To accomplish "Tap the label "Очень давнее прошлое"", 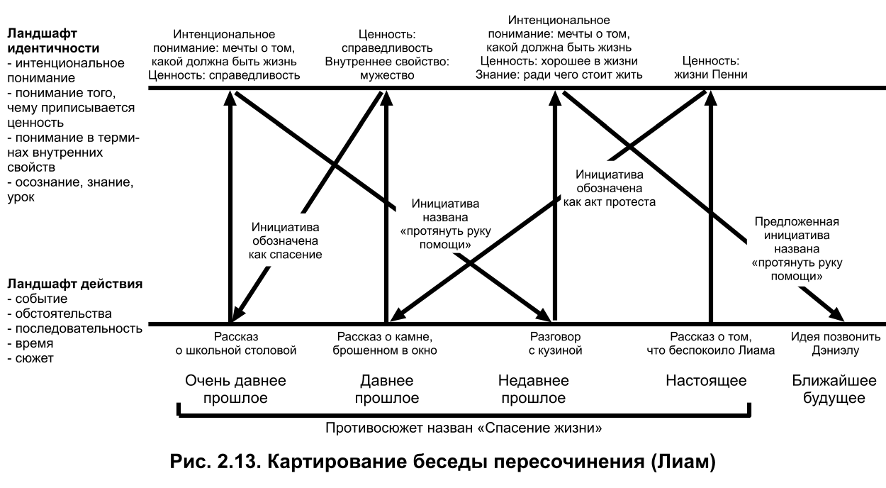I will [235, 389].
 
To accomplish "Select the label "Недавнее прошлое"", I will [533, 389].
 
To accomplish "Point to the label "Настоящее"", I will [706, 381].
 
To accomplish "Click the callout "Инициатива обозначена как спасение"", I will [286, 241].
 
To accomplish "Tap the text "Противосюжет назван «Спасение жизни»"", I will [464, 428].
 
